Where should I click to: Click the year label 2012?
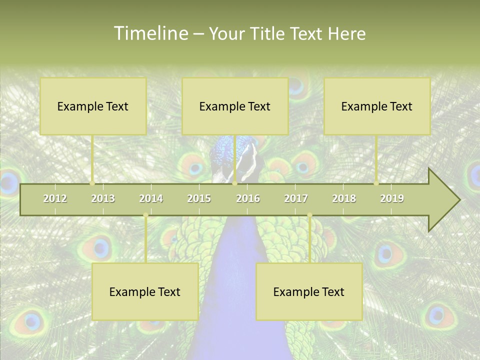pyautogui.click(x=55, y=198)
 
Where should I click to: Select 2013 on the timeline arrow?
pyautogui.click(x=103, y=198)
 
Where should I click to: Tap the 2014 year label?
pyautogui.click(x=151, y=198)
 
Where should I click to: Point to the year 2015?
pyautogui.click(x=199, y=198)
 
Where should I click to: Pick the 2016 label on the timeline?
pyautogui.click(x=248, y=198)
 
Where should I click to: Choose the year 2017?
pyautogui.click(x=296, y=198)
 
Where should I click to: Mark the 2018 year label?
pyautogui.click(x=344, y=198)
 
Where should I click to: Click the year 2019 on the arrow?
pyautogui.click(x=392, y=198)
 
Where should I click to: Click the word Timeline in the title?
pyautogui.click(x=150, y=33)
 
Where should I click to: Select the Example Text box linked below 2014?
pyautogui.click(x=145, y=291)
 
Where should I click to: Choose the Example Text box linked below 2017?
pyautogui.click(x=309, y=291)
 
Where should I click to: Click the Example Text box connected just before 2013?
pyautogui.click(x=93, y=106)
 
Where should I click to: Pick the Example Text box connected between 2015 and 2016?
pyautogui.click(x=235, y=106)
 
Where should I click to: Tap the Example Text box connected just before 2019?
pyautogui.click(x=377, y=106)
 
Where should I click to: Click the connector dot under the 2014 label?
pyautogui.click(x=145, y=215)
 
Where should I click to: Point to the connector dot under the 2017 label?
pyautogui.click(x=309, y=215)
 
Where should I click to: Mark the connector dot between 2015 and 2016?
pyautogui.click(x=234, y=183)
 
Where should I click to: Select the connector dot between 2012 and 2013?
pyautogui.click(x=92, y=183)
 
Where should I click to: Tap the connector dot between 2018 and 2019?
pyautogui.click(x=376, y=183)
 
